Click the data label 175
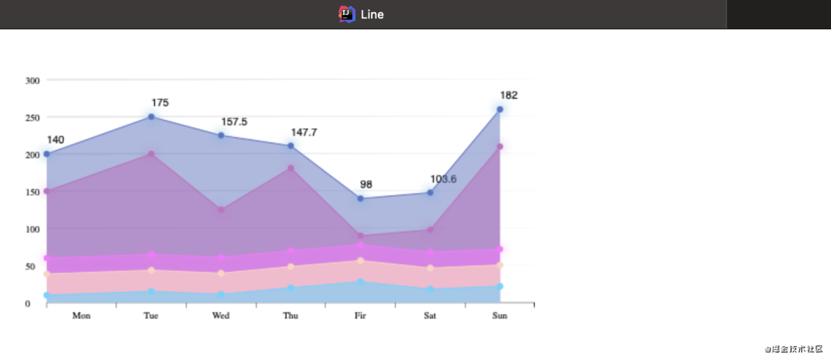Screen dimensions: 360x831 click(160, 102)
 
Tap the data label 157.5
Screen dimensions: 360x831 click(234, 122)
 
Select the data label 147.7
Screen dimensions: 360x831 click(304, 132)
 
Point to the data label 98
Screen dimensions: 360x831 click(366, 185)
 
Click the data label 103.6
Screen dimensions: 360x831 click(443, 179)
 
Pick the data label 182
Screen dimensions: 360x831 click(509, 95)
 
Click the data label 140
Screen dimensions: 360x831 click(55, 140)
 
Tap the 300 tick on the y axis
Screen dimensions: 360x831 click(32, 80)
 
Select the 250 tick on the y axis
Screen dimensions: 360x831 click(32, 117)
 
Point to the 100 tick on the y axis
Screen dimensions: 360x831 click(32, 229)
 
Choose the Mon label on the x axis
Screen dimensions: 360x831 click(82, 315)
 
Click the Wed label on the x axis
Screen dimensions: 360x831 click(221, 315)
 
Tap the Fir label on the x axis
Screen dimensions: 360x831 click(360, 315)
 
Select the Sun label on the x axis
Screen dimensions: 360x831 click(499, 315)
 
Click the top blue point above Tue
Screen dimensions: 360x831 click(151, 117)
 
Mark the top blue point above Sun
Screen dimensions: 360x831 click(500, 109)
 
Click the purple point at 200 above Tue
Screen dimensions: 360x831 click(151, 154)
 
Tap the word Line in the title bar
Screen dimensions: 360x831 click(372, 15)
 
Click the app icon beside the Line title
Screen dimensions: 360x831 click(346, 14)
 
